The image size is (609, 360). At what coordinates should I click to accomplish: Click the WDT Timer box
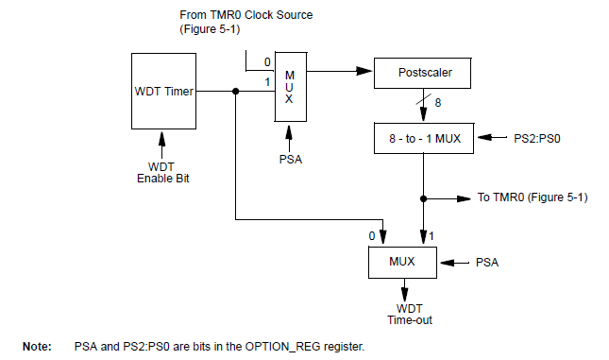pyautogui.click(x=166, y=91)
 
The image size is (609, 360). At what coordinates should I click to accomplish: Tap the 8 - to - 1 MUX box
pyautogui.click(x=423, y=138)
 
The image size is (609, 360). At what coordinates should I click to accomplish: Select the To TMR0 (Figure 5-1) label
pyautogui.click(x=533, y=198)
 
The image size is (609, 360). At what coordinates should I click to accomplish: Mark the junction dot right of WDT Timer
pyautogui.click(x=235, y=92)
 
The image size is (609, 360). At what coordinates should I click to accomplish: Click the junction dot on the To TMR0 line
pyautogui.click(x=423, y=198)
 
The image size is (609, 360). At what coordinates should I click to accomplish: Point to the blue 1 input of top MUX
pyautogui.click(x=267, y=81)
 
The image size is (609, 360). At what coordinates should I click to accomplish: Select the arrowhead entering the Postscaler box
pyautogui.click(x=368, y=71)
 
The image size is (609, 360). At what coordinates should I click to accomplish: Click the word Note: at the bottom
pyautogui.click(x=37, y=347)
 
